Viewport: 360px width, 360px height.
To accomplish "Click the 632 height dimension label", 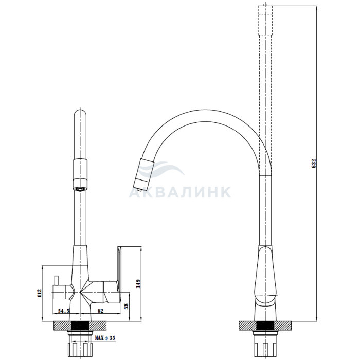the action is tap(314, 163).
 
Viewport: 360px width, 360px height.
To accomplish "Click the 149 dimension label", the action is tap(138, 284).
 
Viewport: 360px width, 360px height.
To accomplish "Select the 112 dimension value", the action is tap(39, 294).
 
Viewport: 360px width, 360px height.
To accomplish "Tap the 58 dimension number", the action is tap(126, 306).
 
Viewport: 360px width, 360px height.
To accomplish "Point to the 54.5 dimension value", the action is tap(64, 311).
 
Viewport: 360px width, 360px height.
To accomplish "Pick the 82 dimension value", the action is tap(101, 311).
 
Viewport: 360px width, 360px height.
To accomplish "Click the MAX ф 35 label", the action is tap(105, 338).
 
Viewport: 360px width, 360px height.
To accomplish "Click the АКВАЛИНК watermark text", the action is tap(179, 192).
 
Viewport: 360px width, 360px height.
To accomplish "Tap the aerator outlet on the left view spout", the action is tap(80, 189).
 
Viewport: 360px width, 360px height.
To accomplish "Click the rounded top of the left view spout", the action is tap(80, 113).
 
